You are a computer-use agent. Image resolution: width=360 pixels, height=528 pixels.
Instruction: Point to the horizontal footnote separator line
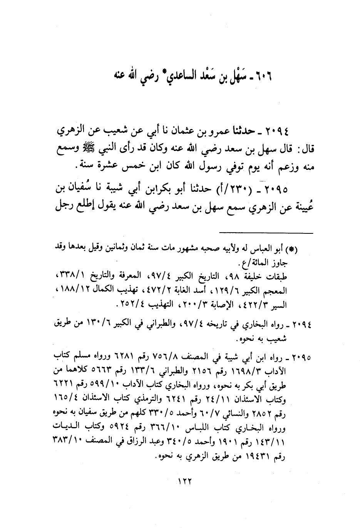(266, 232)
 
